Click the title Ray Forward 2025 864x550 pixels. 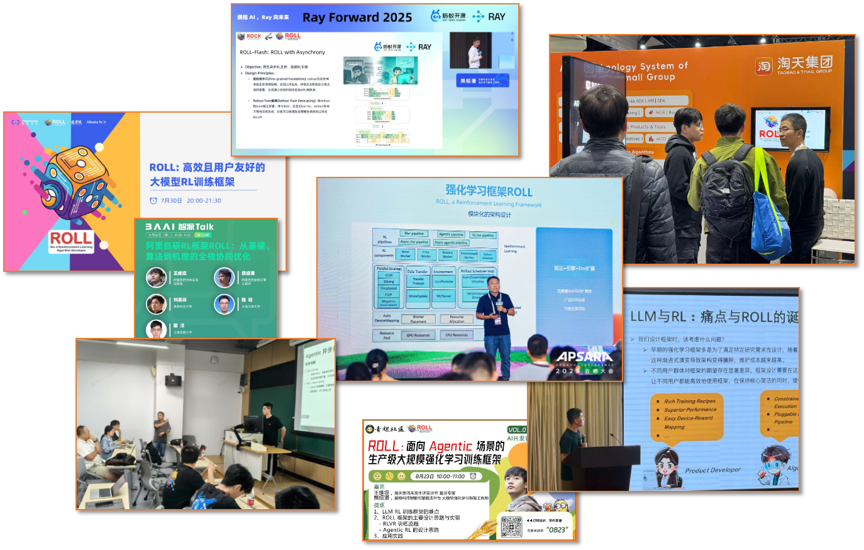[x=357, y=18]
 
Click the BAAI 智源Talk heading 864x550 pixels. [x=180, y=227]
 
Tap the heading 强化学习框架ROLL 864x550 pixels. [x=489, y=191]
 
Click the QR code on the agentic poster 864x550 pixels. [x=511, y=527]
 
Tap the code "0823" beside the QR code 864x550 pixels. [x=557, y=530]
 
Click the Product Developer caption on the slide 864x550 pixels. [x=712, y=470]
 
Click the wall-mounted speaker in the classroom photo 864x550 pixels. [x=172, y=379]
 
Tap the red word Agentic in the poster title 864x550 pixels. [x=451, y=446]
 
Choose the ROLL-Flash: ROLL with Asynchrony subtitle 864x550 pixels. [x=282, y=52]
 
